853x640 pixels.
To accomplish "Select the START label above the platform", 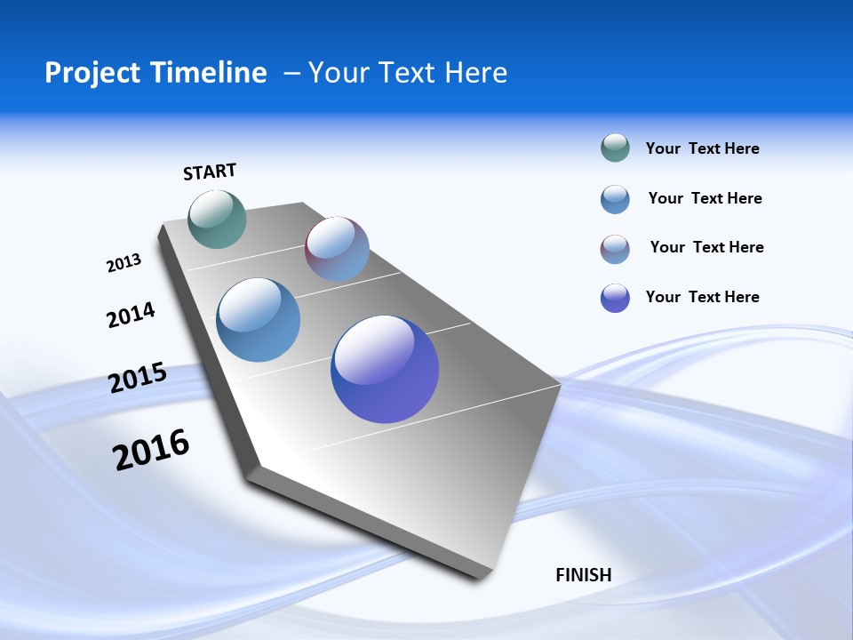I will click(x=210, y=172).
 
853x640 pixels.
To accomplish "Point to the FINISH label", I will click(x=584, y=575).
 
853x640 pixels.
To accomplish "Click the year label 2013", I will click(x=124, y=263).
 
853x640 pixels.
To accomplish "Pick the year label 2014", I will click(x=132, y=315).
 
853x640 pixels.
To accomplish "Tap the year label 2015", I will click(x=138, y=378).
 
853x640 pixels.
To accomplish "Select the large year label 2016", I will click(x=151, y=449).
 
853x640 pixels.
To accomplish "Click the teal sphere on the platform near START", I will click(x=217, y=219).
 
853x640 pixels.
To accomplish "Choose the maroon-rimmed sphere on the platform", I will click(x=337, y=249).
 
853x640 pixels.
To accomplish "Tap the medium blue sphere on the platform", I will click(x=259, y=320).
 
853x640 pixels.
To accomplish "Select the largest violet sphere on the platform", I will click(x=385, y=369).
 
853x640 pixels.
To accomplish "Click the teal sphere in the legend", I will click(x=615, y=148).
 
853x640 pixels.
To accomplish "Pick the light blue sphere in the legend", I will click(x=615, y=199).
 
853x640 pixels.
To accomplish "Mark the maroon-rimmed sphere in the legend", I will click(x=615, y=249).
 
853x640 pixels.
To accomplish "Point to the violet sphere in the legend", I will click(x=615, y=298).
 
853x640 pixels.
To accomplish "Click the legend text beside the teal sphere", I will click(x=702, y=148).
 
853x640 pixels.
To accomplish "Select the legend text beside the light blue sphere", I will click(x=705, y=198).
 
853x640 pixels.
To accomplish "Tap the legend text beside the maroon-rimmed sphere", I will click(x=706, y=247).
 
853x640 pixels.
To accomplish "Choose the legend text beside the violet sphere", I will click(x=702, y=297).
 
